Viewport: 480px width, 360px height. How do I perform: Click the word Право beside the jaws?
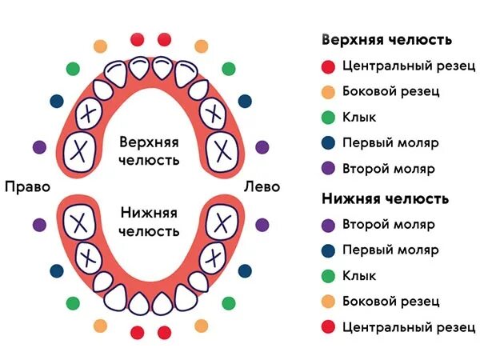click(x=27, y=186)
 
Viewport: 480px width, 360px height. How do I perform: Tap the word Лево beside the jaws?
click(x=262, y=186)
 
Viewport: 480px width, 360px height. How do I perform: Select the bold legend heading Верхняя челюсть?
click(x=386, y=39)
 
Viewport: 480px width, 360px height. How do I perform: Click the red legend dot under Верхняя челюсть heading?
click(x=326, y=65)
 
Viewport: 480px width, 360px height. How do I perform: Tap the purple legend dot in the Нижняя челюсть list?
click(x=326, y=223)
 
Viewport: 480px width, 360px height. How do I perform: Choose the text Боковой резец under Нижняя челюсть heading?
click(x=390, y=302)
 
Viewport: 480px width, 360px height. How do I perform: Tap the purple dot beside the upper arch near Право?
click(x=38, y=147)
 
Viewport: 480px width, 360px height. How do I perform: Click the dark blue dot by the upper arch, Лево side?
click(x=244, y=101)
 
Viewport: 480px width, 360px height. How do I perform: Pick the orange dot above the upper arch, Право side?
click(x=100, y=46)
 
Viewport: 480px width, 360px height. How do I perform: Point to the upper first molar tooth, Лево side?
click(x=213, y=114)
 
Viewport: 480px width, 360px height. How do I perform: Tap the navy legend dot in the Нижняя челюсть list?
click(x=326, y=250)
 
